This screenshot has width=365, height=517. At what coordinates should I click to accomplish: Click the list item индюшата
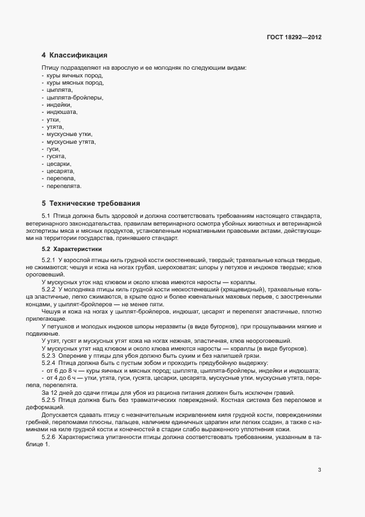(x=62, y=112)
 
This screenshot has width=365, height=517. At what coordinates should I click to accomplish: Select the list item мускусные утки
(x=70, y=134)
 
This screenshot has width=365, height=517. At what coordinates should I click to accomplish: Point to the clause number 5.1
(x=47, y=216)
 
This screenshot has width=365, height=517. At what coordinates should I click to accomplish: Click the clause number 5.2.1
(x=49, y=259)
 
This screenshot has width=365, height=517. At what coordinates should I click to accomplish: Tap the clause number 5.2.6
(x=49, y=421)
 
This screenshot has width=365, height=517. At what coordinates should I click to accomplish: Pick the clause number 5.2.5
(x=49, y=399)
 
